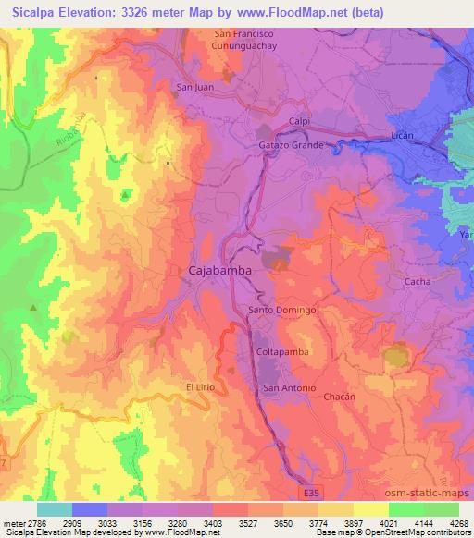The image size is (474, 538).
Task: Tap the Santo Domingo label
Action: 282,311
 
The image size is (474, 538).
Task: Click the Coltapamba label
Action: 281,352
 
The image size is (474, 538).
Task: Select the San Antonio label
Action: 290,387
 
